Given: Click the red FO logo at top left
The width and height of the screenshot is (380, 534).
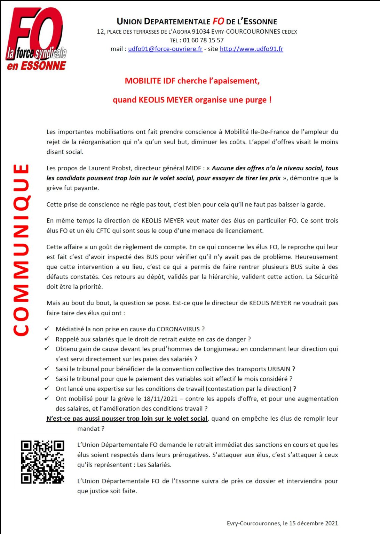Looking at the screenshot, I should point(35,38).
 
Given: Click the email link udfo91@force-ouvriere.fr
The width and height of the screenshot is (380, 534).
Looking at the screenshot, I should point(165,49).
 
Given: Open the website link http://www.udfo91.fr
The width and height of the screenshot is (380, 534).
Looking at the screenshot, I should point(251,49).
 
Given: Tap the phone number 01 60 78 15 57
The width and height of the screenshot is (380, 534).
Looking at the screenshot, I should point(203,40).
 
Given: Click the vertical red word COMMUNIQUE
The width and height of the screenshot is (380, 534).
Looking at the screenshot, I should point(21,250).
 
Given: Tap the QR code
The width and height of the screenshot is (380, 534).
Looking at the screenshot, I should point(42,462).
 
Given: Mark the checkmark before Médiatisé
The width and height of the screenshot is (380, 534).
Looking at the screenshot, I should point(47,329).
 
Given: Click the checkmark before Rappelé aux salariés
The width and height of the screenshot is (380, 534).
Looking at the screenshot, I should point(47,339).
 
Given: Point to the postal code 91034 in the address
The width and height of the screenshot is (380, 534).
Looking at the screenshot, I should point(201,32).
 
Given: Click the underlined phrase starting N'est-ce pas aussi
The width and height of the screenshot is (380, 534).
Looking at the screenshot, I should point(127,419).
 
